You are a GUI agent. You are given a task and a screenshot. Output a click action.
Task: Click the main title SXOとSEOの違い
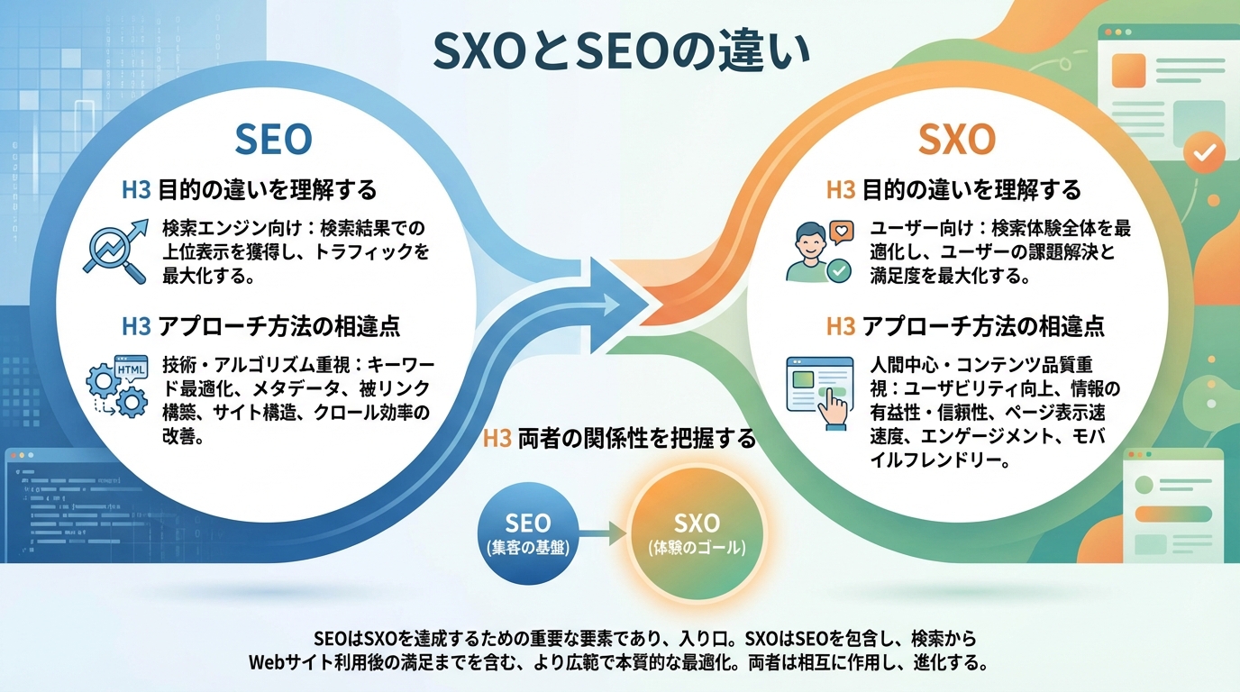click(x=621, y=52)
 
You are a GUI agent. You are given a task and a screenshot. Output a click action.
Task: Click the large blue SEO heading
click(x=273, y=140)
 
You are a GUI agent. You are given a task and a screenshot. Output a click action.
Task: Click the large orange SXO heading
click(x=956, y=140)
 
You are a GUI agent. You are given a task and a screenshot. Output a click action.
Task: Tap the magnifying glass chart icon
click(x=114, y=250)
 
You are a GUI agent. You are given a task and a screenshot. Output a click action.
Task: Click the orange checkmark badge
click(x=1202, y=153)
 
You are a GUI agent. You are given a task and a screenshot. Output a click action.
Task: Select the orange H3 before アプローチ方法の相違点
click(x=841, y=326)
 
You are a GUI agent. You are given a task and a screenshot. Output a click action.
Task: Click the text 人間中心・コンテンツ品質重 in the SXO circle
click(x=981, y=366)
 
